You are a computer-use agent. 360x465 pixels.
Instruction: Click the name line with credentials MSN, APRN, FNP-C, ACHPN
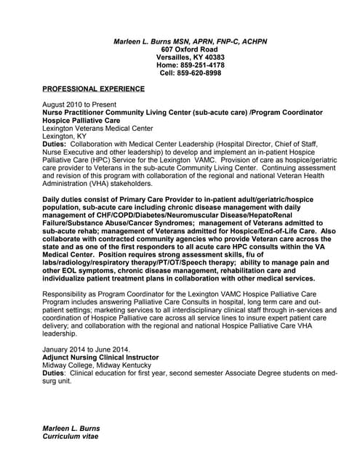click(x=191, y=41)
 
